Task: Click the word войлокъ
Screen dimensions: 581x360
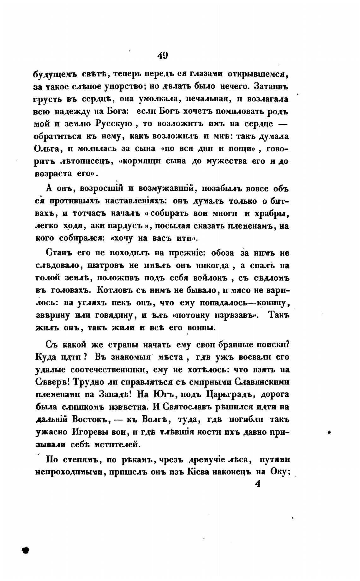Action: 210,278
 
